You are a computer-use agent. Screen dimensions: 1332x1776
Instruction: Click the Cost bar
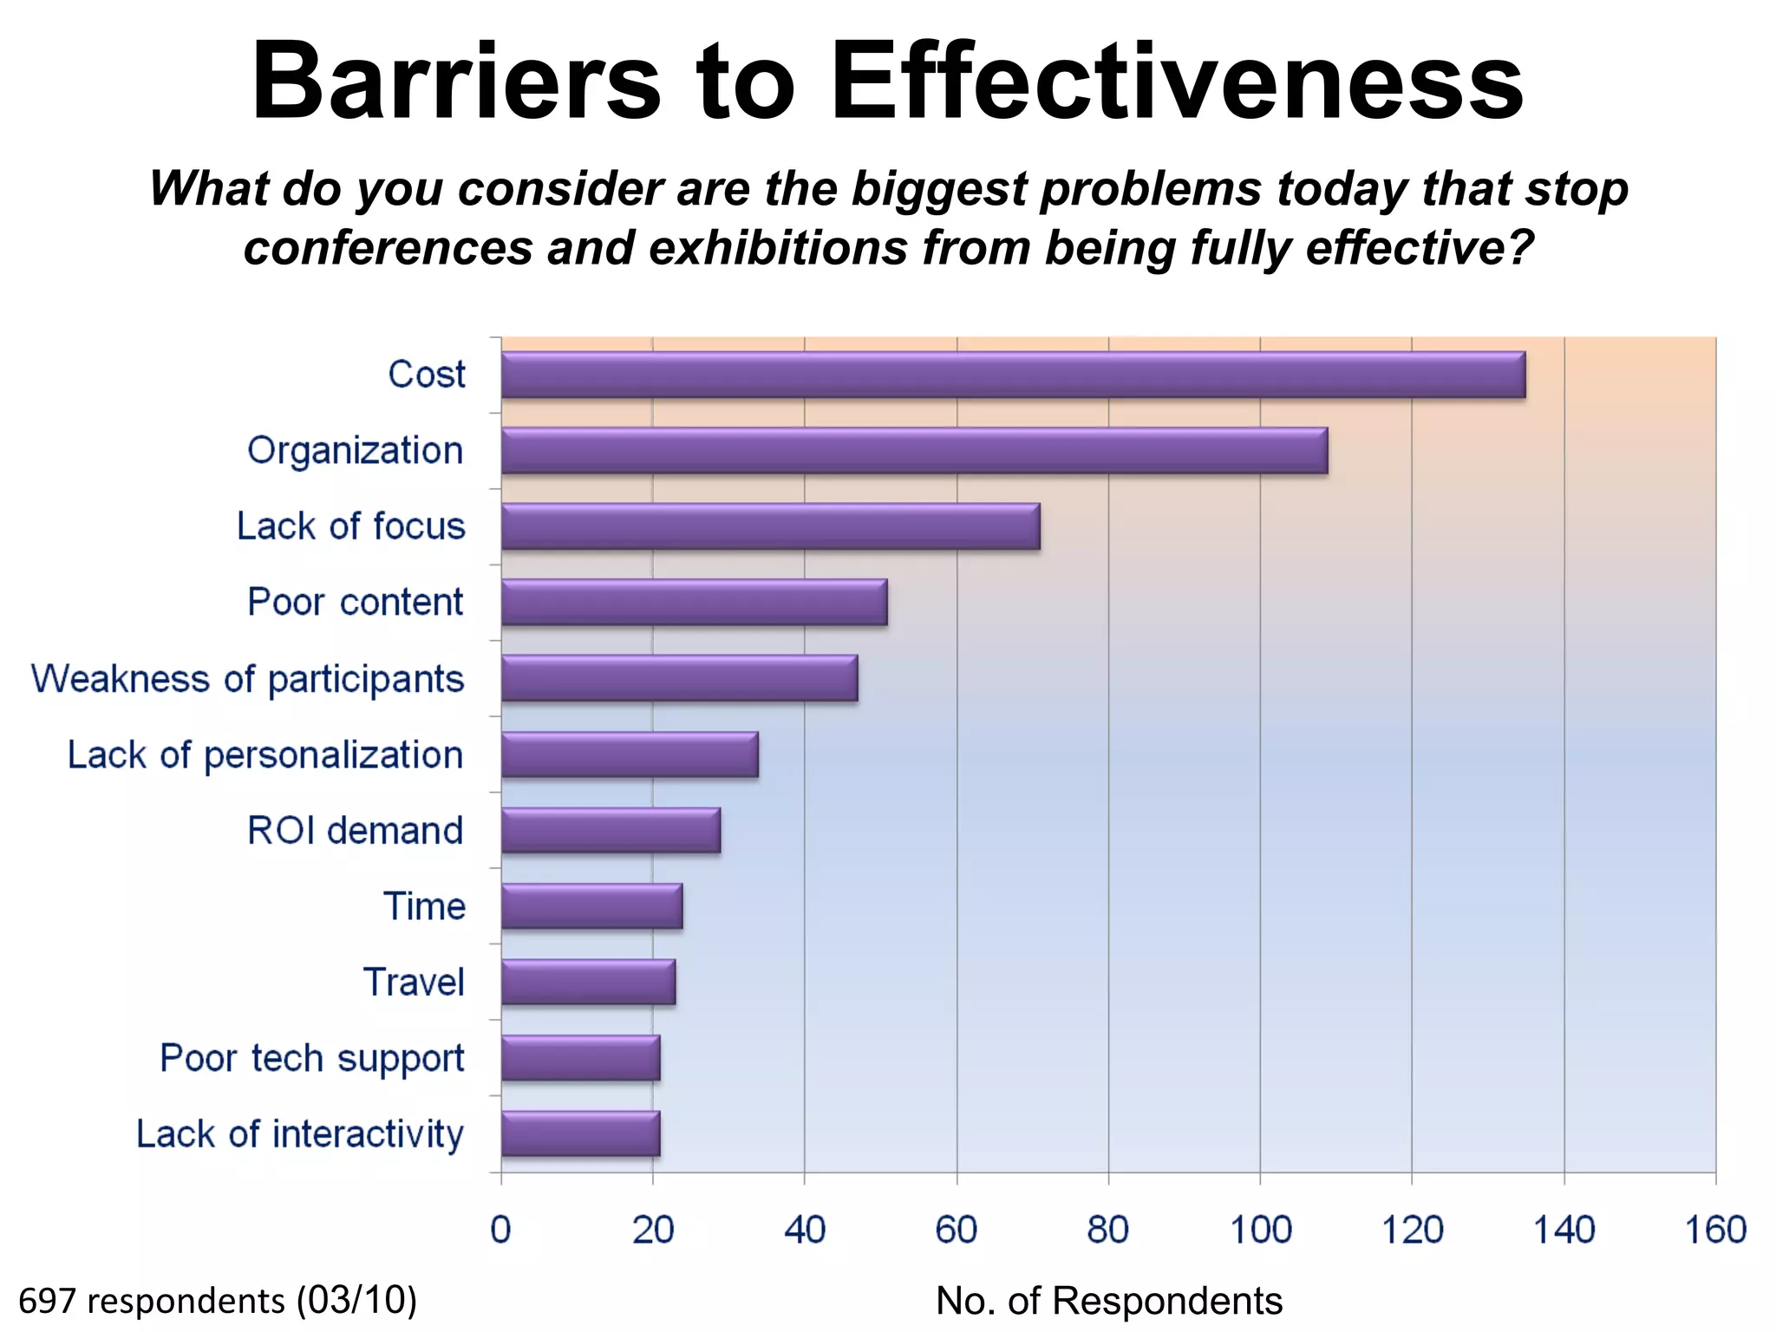pyautogui.click(x=1013, y=375)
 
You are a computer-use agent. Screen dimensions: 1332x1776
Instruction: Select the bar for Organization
pyautogui.click(x=914, y=451)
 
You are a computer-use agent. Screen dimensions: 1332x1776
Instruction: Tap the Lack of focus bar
pyautogui.click(x=770, y=526)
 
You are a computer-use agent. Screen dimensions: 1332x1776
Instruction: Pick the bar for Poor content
pyautogui.click(x=694, y=602)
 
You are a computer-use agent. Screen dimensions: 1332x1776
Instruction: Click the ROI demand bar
pyautogui.click(x=610, y=830)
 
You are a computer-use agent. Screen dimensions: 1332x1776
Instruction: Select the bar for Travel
pyautogui.click(x=588, y=982)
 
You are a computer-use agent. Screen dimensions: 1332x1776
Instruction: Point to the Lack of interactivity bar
pyautogui.click(x=580, y=1133)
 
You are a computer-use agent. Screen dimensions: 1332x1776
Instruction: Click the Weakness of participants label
pyautogui.click(x=248, y=679)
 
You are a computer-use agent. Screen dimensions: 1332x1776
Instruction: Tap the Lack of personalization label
pyautogui.click(x=265, y=755)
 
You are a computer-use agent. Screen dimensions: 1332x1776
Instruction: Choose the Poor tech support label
pyautogui.click(x=312, y=1059)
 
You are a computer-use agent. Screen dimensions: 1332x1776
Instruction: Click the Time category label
pyautogui.click(x=424, y=906)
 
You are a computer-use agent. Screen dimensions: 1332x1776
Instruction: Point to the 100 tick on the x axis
pyautogui.click(x=1260, y=1230)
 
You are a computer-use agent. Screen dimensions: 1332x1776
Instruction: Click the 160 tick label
pyautogui.click(x=1714, y=1230)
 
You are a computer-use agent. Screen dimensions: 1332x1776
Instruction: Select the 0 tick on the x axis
pyautogui.click(x=500, y=1230)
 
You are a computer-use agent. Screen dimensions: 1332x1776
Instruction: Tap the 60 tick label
pyautogui.click(x=956, y=1230)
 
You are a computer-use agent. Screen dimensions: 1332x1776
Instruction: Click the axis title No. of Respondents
pyautogui.click(x=1108, y=1301)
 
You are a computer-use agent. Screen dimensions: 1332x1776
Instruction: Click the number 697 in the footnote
pyautogui.click(x=47, y=1301)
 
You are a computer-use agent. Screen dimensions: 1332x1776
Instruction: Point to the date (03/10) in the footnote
pyautogui.click(x=356, y=1301)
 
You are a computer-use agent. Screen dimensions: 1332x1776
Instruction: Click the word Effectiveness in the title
pyautogui.click(x=1176, y=82)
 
